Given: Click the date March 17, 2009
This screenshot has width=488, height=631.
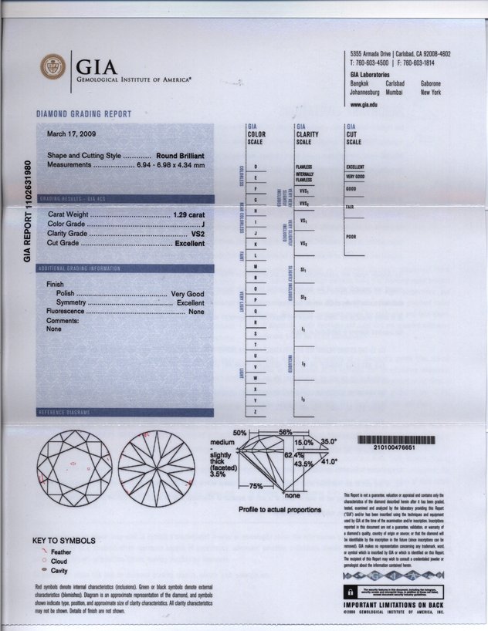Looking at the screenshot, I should [69, 133].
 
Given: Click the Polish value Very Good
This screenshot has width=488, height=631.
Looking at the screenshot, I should [187, 294].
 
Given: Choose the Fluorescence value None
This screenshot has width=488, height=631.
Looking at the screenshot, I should [196, 312].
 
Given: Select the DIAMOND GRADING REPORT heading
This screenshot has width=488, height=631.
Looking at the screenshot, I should [83, 114].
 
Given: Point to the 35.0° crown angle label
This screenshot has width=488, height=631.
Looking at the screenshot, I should [329, 442].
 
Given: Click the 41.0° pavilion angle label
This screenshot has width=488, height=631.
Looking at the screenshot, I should [329, 461].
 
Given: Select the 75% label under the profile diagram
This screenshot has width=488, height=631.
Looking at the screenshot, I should [256, 486].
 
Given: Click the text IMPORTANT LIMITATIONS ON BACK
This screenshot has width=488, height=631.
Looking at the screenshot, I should [394, 605].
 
